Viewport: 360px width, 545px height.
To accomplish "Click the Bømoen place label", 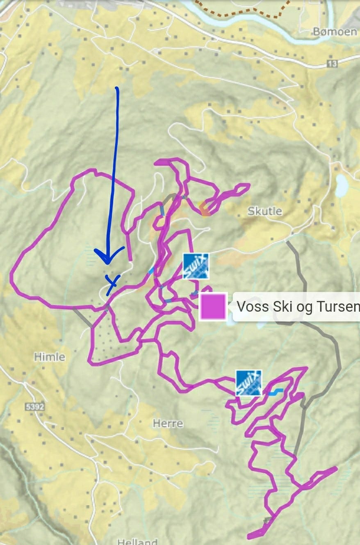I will (335, 31).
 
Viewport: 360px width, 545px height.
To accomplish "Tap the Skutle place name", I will (265, 211).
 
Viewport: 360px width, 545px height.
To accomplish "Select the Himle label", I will (49, 357).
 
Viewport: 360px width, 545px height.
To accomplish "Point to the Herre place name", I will (168, 423).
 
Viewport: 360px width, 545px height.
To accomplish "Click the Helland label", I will (138, 541).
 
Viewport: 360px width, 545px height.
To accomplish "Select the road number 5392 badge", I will (34, 407).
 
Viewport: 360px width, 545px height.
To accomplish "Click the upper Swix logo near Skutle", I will (196, 266).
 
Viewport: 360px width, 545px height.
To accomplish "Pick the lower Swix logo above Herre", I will (248, 383).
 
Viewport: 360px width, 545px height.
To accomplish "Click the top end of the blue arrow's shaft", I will (117, 88).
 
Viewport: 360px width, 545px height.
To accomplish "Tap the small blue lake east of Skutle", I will (341, 186).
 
